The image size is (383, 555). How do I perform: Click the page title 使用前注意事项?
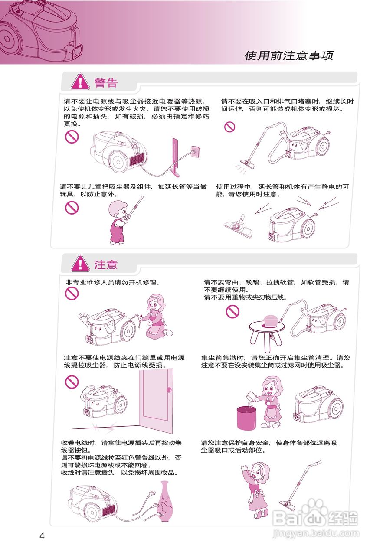tap(289, 55)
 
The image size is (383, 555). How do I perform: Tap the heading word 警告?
tap(106, 82)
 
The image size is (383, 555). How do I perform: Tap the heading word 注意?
tap(106, 264)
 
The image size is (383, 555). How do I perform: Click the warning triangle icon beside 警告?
tap(80, 82)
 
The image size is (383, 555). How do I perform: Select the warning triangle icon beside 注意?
tap(80, 264)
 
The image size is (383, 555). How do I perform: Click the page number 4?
tap(42, 536)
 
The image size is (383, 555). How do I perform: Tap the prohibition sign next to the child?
tap(72, 208)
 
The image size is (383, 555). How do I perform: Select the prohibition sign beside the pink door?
tap(72, 382)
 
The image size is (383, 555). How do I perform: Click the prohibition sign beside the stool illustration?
tap(233, 311)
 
